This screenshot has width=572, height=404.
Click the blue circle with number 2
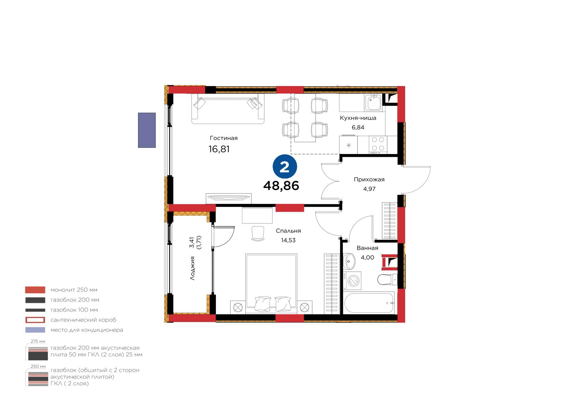click(x=285, y=167)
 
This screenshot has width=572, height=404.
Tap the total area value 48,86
click(x=281, y=186)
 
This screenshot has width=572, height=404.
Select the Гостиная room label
click(x=223, y=138)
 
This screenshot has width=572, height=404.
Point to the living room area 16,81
click(x=219, y=149)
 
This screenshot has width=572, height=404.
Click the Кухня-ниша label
click(x=358, y=118)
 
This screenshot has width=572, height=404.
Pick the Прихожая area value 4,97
click(x=369, y=189)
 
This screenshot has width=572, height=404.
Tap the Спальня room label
click(x=288, y=231)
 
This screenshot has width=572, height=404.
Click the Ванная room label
click(x=367, y=248)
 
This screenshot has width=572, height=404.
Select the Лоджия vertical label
click(x=193, y=268)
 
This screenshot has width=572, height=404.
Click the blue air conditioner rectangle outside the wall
click(x=147, y=130)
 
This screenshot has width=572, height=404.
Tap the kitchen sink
click(x=373, y=102)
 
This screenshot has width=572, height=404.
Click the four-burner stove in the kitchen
click(x=378, y=145)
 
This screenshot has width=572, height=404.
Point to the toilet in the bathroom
click(x=387, y=280)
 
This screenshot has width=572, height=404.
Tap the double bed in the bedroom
click(x=271, y=283)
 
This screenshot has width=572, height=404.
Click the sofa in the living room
click(x=228, y=109)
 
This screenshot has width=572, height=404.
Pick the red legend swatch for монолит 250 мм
click(x=35, y=290)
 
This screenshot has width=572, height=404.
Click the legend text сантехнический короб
click(x=83, y=320)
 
